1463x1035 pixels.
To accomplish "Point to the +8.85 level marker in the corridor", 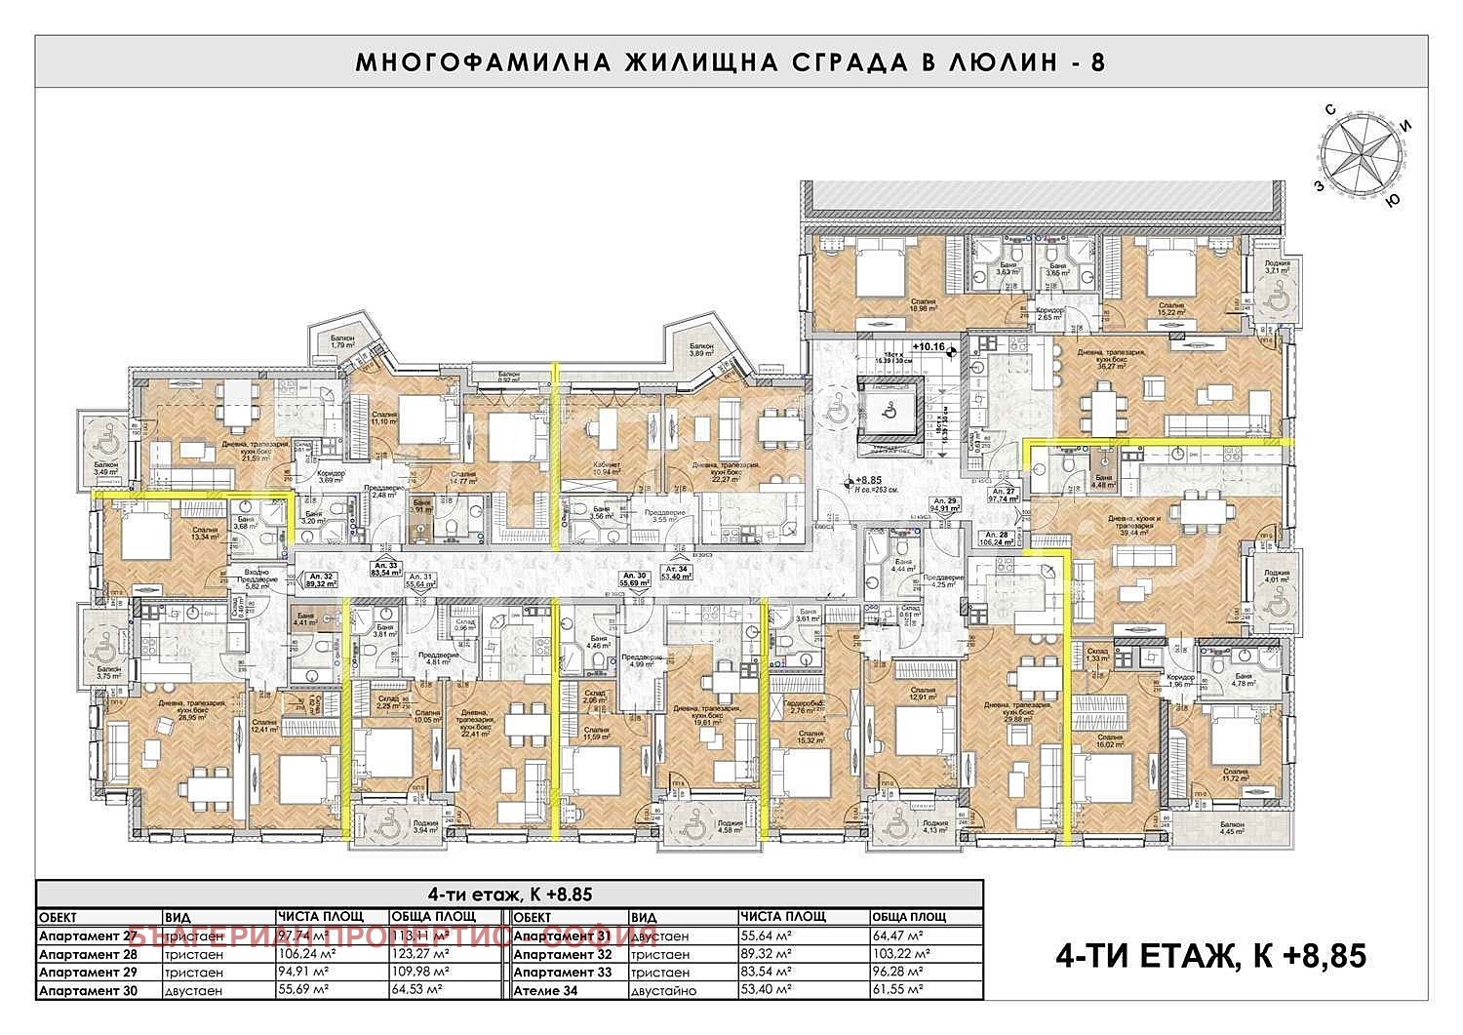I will (x=868, y=481).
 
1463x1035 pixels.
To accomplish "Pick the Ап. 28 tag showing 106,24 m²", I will (x=995, y=538).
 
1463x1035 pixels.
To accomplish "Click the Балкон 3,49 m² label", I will (x=105, y=468).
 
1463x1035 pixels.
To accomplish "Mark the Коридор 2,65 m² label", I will (x=1049, y=313).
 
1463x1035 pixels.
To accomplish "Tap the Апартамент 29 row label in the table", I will (x=88, y=973).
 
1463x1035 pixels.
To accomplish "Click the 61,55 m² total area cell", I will (x=897, y=991).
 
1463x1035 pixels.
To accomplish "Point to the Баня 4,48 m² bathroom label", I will (x=1103, y=482).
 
